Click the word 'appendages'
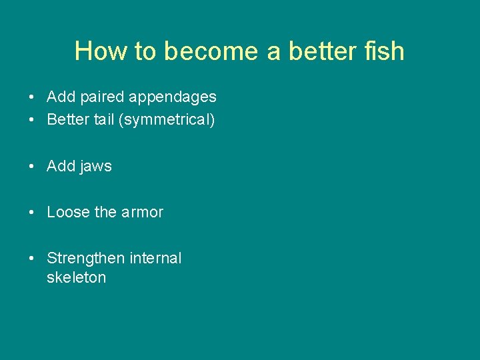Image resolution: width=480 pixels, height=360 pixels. click(173, 97)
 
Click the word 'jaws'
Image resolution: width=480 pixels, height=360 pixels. click(96, 167)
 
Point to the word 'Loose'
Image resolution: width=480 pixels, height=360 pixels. click(68, 212)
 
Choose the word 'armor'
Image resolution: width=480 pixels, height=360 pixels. click(142, 212)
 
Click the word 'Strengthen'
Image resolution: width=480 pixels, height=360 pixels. click(83, 258)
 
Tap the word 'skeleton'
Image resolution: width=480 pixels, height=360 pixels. click(76, 277)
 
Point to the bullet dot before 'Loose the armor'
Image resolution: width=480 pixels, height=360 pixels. click(32, 213)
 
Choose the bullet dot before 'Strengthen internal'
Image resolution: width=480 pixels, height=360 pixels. click(32, 259)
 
